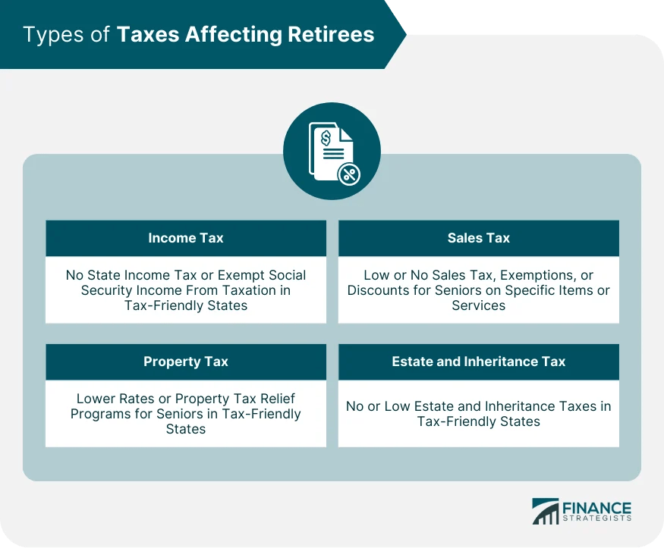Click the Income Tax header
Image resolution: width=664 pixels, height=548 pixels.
tap(186, 238)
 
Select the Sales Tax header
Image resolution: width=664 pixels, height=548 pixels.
tap(478, 238)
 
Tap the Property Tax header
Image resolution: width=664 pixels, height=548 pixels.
tap(186, 362)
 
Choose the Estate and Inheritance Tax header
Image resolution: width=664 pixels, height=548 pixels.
tap(478, 362)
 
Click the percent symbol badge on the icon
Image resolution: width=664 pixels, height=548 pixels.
tap(348, 174)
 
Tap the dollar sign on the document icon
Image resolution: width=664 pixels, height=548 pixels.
tap(326, 138)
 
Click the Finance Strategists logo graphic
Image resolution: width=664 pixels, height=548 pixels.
tap(545, 512)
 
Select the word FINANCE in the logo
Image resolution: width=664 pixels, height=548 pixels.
tap(596, 507)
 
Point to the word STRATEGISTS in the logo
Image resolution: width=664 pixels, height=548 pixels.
tap(596, 520)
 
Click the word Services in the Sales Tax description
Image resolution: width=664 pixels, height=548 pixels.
tap(478, 305)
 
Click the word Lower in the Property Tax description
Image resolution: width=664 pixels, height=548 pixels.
tap(95, 399)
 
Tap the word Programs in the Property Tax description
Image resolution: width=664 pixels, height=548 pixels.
tap(98, 414)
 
